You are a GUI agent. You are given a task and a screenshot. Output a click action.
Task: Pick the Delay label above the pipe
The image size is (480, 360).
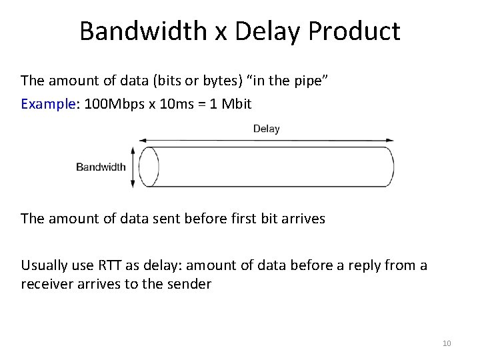pos(266,129)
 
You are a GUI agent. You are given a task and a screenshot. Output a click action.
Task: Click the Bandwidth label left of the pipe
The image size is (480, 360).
pos(101,167)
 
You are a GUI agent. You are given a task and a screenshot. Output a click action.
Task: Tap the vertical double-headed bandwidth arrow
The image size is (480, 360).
pos(134,167)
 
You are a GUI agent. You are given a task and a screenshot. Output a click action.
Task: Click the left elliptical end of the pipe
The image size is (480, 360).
pos(148,167)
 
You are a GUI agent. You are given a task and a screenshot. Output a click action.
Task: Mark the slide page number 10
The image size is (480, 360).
pos(447,343)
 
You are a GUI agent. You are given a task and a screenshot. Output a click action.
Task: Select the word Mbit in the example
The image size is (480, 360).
pos(237,104)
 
